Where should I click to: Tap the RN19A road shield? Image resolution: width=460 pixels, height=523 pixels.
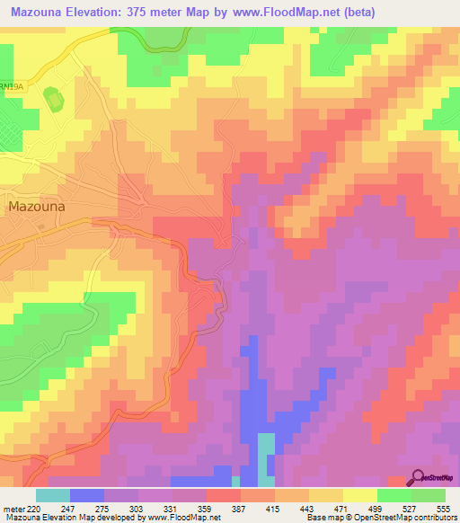(x=10, y=84)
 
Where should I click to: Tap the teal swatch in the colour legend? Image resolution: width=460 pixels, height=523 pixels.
(x=52, y=495)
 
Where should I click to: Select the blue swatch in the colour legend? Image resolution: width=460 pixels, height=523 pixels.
(x=86, y=495)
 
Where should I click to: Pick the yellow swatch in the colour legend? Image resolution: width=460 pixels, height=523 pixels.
(x=359, y=495)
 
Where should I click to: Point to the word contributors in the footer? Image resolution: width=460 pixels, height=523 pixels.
(x=432, y=518)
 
